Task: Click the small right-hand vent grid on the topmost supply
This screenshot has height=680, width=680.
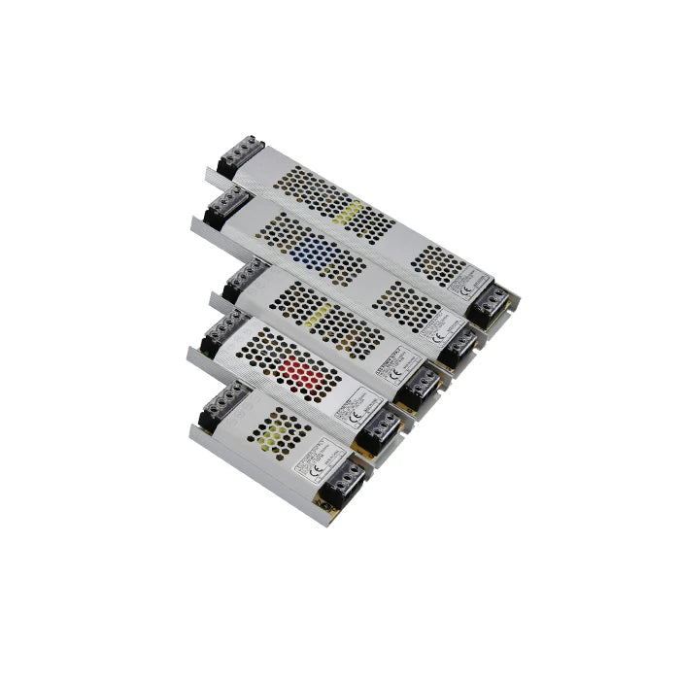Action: click(434, 262)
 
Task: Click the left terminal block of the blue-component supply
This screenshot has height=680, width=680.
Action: click(222, 206)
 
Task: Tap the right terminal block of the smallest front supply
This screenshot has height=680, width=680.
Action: click(345, 482)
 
